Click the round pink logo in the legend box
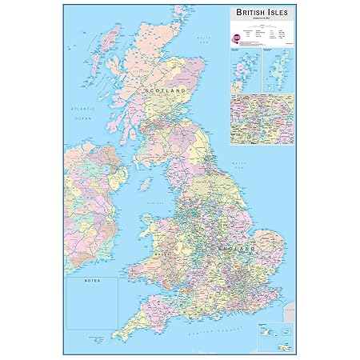pyautogui.click(x=235, y=37)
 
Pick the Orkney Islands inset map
pyautogui.click(x=245, y=69)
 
